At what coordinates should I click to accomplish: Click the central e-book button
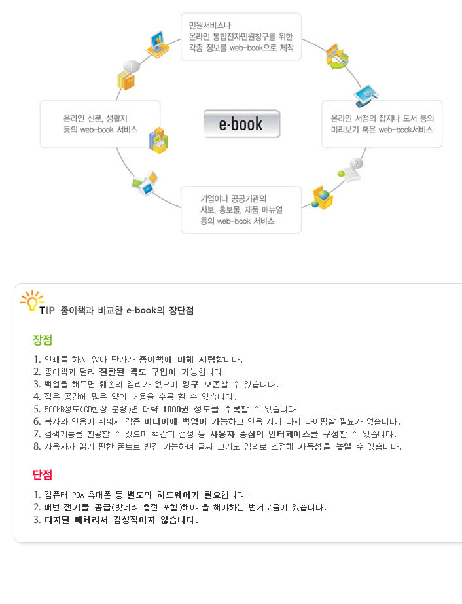(241, 124)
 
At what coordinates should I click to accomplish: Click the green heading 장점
(43, 340)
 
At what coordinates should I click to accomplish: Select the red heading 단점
(43, 474)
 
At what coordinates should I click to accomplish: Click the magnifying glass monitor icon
(365, 95)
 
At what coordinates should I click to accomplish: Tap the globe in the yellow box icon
(322, 197)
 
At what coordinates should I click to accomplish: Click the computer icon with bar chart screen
(158, 44)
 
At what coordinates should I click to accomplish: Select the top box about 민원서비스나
(241, 37)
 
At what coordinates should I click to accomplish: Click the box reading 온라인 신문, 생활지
(100, 124)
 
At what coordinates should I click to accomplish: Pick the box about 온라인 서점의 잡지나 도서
(382, 124)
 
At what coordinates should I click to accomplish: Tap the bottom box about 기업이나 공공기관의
(241, 210)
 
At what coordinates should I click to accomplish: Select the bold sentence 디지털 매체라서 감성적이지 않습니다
(121, 520)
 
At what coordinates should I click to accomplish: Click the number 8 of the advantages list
(37, 446)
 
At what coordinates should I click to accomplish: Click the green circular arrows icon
(336, 57)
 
